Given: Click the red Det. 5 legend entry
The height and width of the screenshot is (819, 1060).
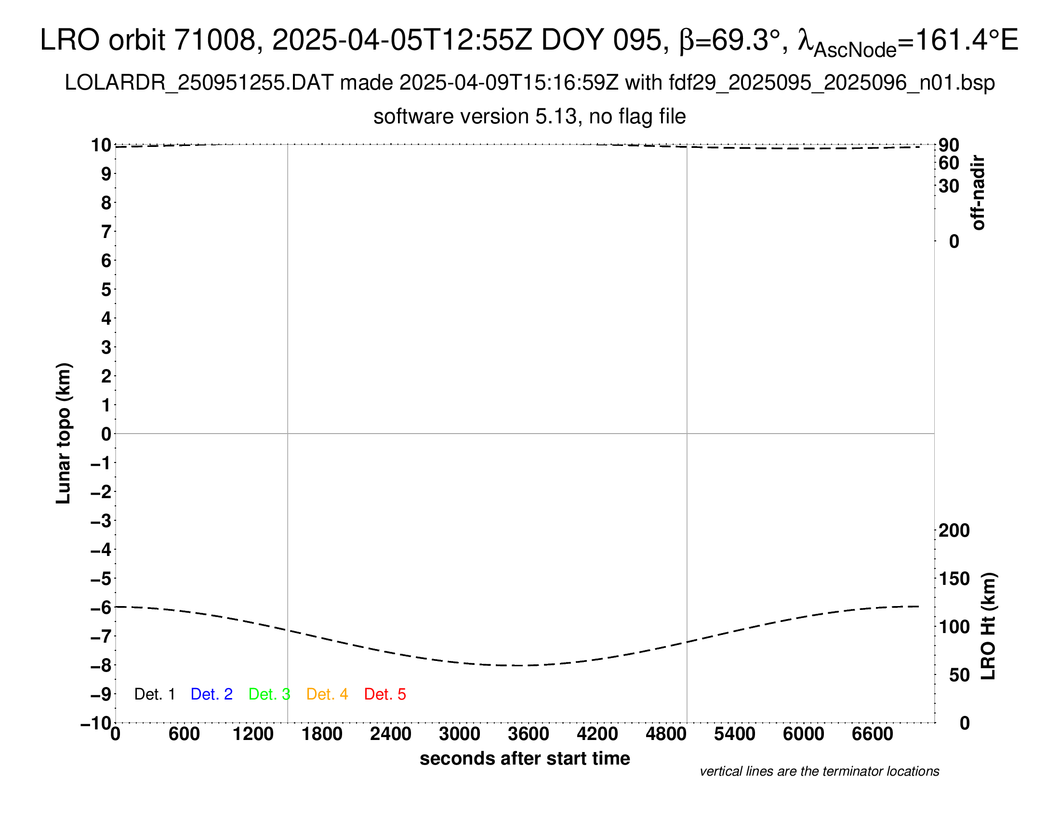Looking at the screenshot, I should [x=385, y=694].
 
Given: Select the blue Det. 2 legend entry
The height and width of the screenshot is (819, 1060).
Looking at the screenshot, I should [x=212, y=694].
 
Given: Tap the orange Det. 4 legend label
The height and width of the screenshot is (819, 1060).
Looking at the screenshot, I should [x=327, y=694].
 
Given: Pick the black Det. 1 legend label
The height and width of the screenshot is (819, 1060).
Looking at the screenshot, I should [x=154, y=694].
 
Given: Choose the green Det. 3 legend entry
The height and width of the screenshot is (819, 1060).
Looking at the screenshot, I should [x=269, y=694].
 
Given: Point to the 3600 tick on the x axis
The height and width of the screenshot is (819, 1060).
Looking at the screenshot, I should [x=528, y=734].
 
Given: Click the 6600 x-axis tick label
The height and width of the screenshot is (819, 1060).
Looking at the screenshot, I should [x=872, y=734].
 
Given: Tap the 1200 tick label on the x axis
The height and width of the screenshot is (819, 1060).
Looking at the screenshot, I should [x=253, y=734].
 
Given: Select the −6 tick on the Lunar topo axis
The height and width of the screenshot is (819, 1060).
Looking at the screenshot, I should [x=102, y=608].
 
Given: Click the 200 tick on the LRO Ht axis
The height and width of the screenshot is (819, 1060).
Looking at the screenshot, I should [x=954, y=530].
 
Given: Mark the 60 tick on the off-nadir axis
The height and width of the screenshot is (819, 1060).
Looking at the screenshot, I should [x=949, y=163].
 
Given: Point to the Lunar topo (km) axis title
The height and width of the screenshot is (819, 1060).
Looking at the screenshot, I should [x=64, y=433].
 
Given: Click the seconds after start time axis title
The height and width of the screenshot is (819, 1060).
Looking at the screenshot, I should [x=525, y=758].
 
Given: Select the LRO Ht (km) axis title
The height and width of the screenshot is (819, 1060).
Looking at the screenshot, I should [x=988, y=626].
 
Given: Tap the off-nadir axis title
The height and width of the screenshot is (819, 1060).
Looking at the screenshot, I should [x=979, y=193].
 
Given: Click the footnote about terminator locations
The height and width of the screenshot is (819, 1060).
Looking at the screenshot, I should [x=819, y=771].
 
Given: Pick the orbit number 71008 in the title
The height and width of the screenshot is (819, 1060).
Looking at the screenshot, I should [x=214, y=40].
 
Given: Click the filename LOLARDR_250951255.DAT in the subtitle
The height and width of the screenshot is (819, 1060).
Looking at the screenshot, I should [x=199, y=83].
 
